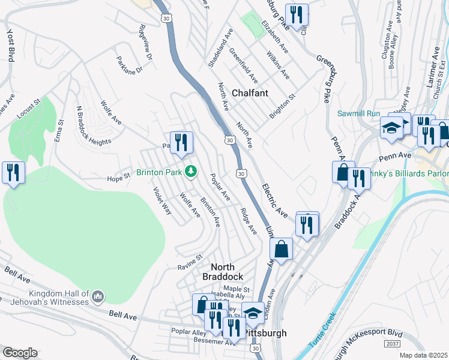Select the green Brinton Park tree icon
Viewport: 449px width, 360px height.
(191, 172)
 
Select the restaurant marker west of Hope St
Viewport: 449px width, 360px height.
(12, 172)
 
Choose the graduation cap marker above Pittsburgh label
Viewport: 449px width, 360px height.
(253, 313)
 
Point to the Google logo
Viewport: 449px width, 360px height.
(19, 353)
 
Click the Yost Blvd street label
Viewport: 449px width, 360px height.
(10, 44)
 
